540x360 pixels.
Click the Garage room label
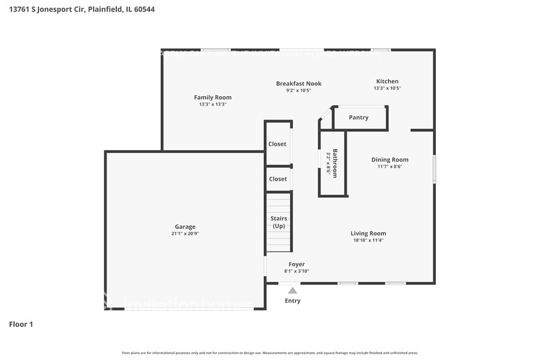(184, 227)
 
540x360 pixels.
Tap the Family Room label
(212, 97)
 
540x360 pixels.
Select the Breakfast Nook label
(298, 83)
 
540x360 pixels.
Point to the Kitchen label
(387, 81)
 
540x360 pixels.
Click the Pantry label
(358, 118)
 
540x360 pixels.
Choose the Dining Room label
(389, 160)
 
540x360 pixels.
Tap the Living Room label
(368, 233)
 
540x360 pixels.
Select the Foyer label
(296, 264)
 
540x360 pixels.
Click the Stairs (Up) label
(279, 222)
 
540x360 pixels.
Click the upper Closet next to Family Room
(277, 144)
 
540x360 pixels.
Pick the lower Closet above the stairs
(278, 179)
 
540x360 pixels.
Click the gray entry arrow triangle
(293, 291)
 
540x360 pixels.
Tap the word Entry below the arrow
(293, 301)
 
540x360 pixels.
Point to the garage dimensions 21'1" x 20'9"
(185, 234)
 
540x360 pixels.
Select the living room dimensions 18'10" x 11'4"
(368, 241)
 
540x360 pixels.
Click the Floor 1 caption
(21, 324)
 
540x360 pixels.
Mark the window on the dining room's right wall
(434, 168)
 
